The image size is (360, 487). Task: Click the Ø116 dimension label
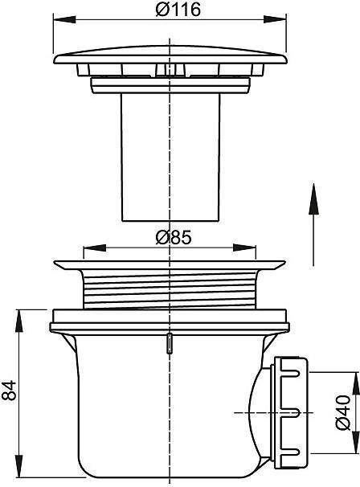pos(178,10)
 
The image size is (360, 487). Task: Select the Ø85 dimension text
pos(174,238)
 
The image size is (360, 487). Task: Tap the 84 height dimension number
pos(9,390)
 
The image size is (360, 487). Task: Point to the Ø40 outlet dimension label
pos(343,412)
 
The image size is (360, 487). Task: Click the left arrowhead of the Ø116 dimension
pos(64,19)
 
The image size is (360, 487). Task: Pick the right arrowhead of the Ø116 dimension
pos(275,19)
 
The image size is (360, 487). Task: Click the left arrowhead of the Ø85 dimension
pos(95,248)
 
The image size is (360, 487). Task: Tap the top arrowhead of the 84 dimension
pos(19,321)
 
